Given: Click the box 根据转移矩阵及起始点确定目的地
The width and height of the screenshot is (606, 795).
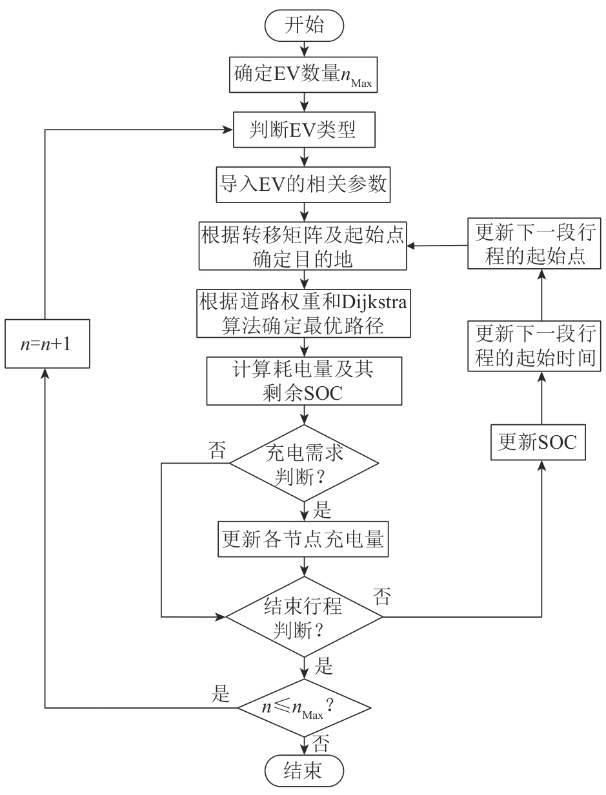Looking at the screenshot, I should (x=303, y=246).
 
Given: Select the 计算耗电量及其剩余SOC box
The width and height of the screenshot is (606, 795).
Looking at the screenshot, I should (x=303, y=382).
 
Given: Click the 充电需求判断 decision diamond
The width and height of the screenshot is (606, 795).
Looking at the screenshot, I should (x=303, y=462).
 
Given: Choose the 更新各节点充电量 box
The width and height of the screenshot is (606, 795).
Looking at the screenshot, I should (x=303, y=540).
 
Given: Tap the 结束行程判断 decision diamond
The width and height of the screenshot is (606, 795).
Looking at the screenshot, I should (x=303, y=617).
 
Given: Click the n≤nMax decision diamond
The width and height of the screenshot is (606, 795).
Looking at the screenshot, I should (x=303, y=707).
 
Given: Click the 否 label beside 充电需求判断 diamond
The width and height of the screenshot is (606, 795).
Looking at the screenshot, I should (x=218, y=451).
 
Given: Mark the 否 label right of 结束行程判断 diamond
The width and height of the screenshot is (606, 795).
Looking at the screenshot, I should (x=381, y=597).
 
